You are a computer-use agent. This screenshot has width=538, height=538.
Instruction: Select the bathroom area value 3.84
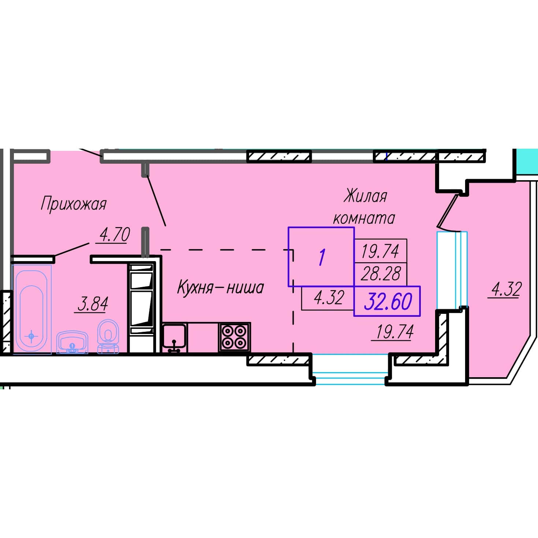(93, 304)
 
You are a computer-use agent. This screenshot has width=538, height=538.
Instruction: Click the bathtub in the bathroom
(31, 309)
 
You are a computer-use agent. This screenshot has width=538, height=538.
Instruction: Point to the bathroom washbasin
(72, 342)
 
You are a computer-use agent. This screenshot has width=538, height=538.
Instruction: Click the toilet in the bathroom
(108, 337)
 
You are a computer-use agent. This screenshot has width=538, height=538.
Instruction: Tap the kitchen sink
(174, 338)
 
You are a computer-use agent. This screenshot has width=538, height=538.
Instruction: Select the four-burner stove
(234, 337)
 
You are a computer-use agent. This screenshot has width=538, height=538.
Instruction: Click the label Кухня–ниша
(220, 287)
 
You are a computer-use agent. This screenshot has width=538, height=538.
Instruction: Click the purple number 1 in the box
(322, 257)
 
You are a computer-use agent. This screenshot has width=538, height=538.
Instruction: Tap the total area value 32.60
(388, 302)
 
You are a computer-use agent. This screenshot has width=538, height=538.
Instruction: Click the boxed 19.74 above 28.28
(380, 251)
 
